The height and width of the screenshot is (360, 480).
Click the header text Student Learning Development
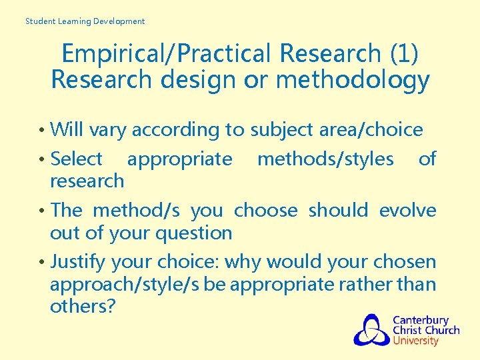click(85, 21)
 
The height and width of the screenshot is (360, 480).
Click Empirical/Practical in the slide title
click(169, 53)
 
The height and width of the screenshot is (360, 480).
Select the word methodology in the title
click(354, 80)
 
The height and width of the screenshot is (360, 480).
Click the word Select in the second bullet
click(76, 159)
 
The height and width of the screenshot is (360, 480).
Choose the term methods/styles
click(325, 159)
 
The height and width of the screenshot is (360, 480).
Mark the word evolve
click(407, 210)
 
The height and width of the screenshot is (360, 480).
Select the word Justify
click(78, 261)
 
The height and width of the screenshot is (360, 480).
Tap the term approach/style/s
click(125, 284)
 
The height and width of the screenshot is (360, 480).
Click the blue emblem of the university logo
click(371, 330)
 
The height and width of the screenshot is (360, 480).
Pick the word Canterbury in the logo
click(420, 320)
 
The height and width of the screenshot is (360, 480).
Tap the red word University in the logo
click(415, 341)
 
